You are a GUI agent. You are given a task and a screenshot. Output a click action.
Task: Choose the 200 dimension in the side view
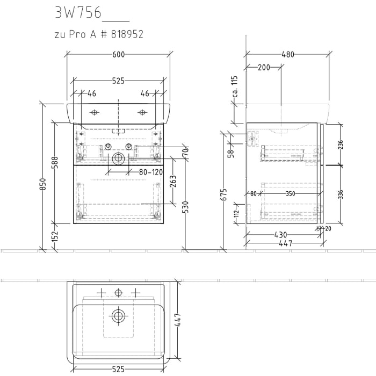263,68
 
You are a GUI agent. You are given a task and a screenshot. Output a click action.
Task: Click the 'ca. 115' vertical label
234,86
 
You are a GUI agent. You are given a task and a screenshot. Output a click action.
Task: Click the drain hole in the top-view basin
118,315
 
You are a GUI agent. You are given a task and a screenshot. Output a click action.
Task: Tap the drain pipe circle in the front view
118,159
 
